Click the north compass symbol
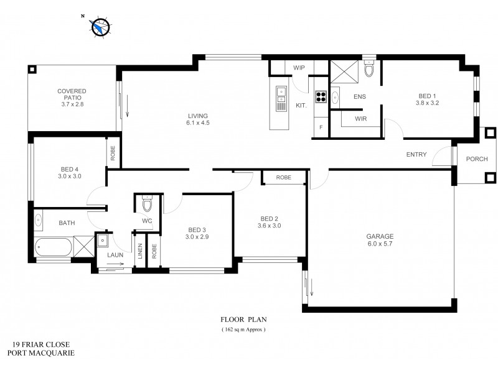click(100, 26)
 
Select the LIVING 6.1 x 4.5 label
click(198, 119)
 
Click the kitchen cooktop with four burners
click(321, 96)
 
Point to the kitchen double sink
click(281, 94)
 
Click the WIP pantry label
click(298, 68)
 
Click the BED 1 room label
click(428, 99)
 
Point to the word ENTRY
click(416, 155)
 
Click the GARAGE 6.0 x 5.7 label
click(380, 240)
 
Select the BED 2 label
click(269, 222)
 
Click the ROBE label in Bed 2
click(283, 178)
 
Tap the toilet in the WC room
click(147, 205)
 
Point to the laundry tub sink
click(103, 241)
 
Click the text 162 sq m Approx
click(243, 329)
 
